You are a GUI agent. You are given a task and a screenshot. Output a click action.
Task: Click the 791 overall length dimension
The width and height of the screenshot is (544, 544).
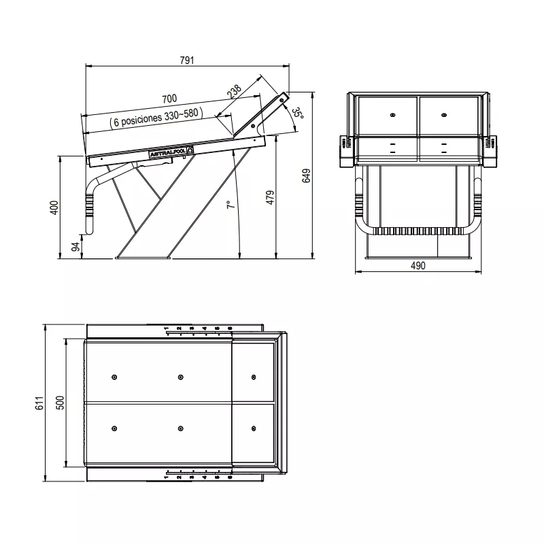point(187,60)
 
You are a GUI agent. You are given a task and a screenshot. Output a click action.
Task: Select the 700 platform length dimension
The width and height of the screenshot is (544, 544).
point(169,99)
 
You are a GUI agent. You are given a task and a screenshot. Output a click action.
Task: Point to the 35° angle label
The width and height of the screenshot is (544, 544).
point(298,114)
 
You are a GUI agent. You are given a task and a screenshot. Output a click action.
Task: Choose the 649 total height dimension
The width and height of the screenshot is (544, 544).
point(307,175)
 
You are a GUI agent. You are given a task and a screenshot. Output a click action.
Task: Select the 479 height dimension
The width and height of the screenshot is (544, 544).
point(270,197)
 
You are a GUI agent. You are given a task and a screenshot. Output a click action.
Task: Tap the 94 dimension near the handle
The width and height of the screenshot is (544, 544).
point(75,246)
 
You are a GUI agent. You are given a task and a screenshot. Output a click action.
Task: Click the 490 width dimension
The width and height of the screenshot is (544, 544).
point(418,266)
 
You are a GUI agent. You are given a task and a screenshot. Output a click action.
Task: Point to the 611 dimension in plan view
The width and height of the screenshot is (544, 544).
point(39,403)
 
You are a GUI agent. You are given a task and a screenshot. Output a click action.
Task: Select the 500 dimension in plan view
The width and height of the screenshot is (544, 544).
point(60,403)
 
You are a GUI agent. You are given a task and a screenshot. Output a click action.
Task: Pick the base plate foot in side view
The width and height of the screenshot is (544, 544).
point(143,256)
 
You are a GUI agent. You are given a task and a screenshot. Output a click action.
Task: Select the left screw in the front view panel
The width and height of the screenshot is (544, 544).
point(393,115)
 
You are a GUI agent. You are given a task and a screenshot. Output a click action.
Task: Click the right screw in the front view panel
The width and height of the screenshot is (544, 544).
point(443,115)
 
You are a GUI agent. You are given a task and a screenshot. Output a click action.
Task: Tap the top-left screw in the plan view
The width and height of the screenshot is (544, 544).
point(113,377)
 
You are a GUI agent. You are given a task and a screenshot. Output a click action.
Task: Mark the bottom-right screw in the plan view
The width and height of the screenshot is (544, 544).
point(253,428)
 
